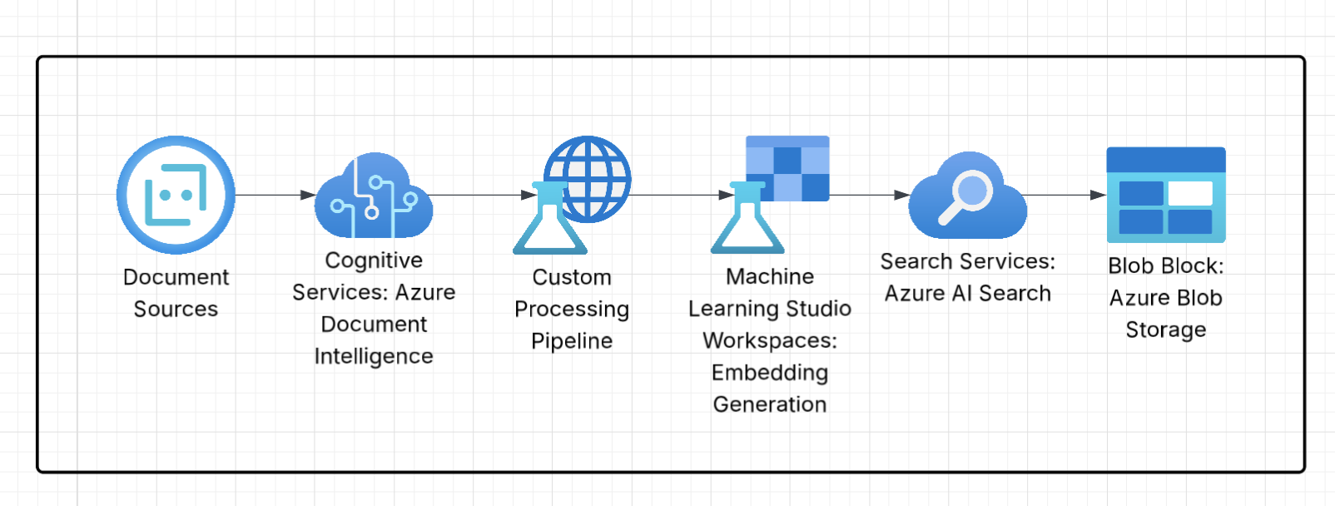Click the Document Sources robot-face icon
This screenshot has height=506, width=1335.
[176, 195]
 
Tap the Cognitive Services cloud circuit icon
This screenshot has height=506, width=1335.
[373, 198]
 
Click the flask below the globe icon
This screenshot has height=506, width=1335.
[548, 223]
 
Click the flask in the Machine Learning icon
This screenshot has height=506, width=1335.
[747, 223]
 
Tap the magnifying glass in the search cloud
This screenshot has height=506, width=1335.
[965, 196]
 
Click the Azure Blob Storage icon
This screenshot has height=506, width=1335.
[1165, 195]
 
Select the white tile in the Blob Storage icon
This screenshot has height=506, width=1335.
[1190, 193]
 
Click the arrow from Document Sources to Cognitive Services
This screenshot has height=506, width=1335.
[275, 195]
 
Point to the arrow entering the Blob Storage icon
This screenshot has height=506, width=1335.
[1065, 195]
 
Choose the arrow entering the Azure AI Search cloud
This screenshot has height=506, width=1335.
[870, 195]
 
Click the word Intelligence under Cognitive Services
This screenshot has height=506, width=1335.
[374, 356]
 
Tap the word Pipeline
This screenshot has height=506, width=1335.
[572, 341]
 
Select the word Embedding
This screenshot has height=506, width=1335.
[770, 372]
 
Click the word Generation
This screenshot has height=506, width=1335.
[770, 404]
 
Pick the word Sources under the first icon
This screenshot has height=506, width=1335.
[176, 310]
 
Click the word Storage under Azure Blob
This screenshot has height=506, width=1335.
[1165, 330]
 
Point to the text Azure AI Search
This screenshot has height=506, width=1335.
[967, 294]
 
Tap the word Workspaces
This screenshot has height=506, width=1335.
[769, 340]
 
